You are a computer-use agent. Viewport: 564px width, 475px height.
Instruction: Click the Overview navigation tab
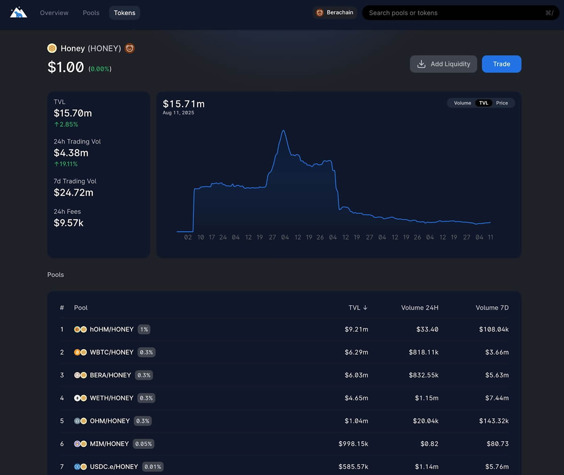[x=54, y=13]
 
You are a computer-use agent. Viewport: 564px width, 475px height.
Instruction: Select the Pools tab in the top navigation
[x=91, y=13]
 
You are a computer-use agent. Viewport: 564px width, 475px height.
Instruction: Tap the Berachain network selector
[x=335, y=13]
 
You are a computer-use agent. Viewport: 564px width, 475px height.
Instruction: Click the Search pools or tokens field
[x=451, y=13]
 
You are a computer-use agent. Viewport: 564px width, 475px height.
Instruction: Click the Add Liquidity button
[x=443, y=64]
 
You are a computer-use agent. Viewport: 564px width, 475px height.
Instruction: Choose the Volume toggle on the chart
[x=462, y=103]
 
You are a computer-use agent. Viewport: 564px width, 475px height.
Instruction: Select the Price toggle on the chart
[x=502, y=103]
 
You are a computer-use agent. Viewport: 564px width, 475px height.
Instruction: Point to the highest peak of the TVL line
[x=283, y=131]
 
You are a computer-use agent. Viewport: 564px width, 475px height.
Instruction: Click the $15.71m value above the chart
[x=184, y=104]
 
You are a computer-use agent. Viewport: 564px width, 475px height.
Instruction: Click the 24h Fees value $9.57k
[x=69, y=223]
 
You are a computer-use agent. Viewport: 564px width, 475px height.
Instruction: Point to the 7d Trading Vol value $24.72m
[x=73, y=192]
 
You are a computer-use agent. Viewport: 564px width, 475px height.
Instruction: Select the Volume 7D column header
[x=492, y=308]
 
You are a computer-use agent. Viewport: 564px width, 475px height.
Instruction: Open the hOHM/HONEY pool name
[x=112, y=329]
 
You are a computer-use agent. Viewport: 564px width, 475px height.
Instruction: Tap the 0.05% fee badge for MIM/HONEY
[x=144, y=444]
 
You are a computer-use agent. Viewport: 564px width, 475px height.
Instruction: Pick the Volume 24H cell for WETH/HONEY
[x=426, y=398]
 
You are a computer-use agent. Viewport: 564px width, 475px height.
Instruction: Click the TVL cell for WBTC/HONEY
[x=356, y=352]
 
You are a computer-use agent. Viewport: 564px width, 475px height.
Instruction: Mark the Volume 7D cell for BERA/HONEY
[x=497, y=375]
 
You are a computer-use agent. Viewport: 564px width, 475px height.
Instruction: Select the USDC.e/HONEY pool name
[x=114, y=467]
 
